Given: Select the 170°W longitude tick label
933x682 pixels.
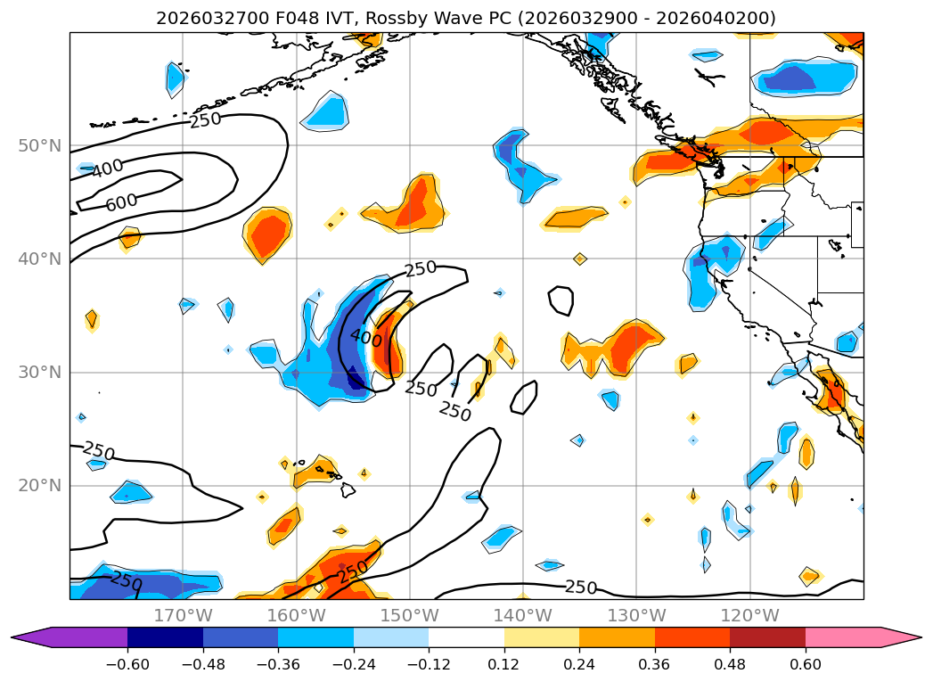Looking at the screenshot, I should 183,615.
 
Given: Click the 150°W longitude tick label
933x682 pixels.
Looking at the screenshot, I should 410,615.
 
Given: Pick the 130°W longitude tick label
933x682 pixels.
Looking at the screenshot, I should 636,615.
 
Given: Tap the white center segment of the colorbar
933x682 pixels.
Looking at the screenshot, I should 466,637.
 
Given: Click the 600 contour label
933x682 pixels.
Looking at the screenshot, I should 122,201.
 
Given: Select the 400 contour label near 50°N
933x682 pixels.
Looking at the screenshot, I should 108,168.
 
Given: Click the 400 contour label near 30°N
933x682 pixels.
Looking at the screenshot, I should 365,338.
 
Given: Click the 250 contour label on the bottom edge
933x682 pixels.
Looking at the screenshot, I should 580,587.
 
